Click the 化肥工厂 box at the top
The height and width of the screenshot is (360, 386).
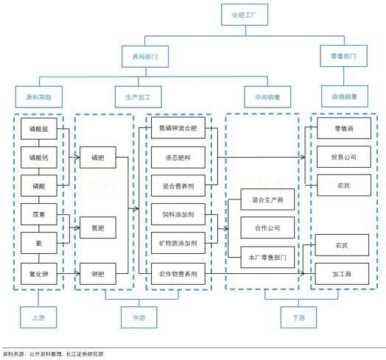(x=243, y=15)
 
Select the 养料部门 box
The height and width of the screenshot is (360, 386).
(x=144, y=56)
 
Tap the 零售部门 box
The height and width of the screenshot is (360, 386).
(x=343, y=56)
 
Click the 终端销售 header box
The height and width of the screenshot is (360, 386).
(x=343, y=96)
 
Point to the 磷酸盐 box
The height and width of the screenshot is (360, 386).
(x=38, y=130)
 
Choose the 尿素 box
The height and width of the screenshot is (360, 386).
(x=38, y=214)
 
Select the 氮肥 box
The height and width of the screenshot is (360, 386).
(x=98, y=228)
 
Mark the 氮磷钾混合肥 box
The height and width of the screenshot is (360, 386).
(x=178, y=130)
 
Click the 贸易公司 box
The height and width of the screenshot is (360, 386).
(x=343, y=157)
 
